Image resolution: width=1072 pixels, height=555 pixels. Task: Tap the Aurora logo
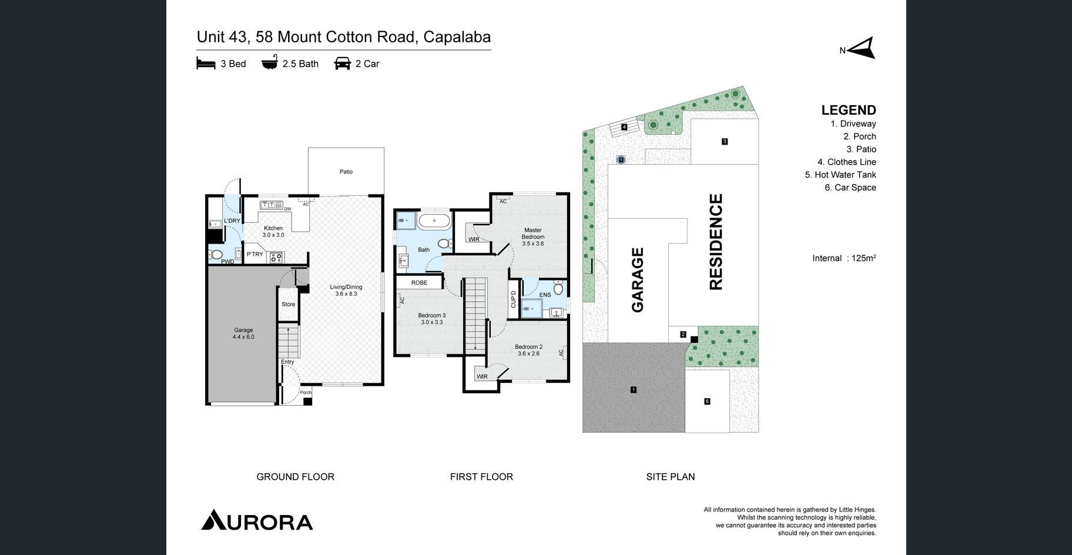[257, 520]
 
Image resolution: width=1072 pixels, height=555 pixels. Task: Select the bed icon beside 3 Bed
[206, 63]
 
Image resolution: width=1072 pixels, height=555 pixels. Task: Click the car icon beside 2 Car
[342, 63]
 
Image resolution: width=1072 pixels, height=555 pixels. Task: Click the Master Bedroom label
[532, 236]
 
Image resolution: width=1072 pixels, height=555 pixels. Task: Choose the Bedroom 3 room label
[431, 319]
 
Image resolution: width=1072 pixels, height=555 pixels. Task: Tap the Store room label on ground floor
[288, 304]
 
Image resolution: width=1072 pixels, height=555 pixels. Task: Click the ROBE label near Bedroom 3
[419, 283]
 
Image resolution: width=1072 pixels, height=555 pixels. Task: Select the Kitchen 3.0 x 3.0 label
[273, 232]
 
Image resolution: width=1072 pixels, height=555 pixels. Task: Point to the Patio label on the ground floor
[346, 172]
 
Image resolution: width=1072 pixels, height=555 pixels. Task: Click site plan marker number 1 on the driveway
[633, 390]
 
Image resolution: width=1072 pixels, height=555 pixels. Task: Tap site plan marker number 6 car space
[707, 402]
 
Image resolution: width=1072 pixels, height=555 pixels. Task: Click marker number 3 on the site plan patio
[725, 141]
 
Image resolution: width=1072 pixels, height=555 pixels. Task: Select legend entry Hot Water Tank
[840, 175]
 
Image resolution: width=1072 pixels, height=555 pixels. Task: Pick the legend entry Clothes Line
[846, 162]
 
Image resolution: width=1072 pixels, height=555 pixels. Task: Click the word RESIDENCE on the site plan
[716, 242]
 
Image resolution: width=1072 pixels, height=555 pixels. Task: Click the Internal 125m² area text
[845, 258]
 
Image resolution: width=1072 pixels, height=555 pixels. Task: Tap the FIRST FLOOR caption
[481, 477]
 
